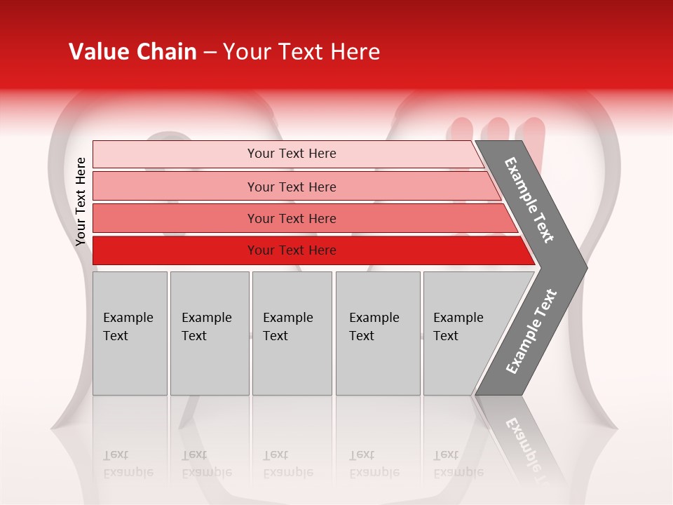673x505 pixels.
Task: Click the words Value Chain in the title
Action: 132,52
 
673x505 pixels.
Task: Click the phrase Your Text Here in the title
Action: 301,52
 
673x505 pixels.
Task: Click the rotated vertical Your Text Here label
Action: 81,201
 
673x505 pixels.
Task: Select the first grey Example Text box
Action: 130,333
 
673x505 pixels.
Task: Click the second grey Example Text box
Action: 209,333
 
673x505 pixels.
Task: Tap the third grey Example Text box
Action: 292,333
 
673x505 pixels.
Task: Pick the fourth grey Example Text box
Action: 378,333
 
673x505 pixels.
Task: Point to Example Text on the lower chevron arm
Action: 531,332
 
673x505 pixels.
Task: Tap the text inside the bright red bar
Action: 292,250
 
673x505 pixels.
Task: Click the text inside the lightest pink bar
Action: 292,154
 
